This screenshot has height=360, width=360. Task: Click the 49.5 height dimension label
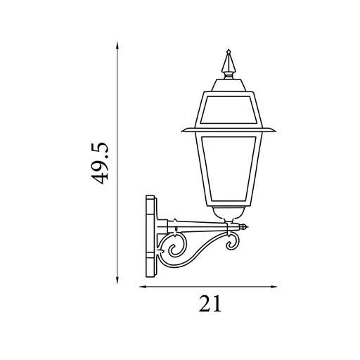pyautogui.click(x=99, y=163)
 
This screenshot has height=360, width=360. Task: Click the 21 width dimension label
pyautogui.click(x=210, y=303)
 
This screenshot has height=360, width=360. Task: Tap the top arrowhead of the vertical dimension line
pyautogui.click(x=117, y=46)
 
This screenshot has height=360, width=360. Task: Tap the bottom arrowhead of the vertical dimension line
pyautogui.click(x=117, y=281)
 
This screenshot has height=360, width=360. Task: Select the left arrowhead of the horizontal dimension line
pyautogui.click(x=143, y=287)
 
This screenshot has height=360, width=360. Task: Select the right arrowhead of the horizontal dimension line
pyautogui.click(x=274, y=287)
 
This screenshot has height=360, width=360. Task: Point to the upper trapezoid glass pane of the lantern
pyautogui.click(x=228, y=110)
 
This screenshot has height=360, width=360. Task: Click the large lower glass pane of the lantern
pyautogui.click(x=229, y=168)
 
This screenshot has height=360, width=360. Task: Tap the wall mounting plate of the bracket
pyautogui.click(x=151, y=236)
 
